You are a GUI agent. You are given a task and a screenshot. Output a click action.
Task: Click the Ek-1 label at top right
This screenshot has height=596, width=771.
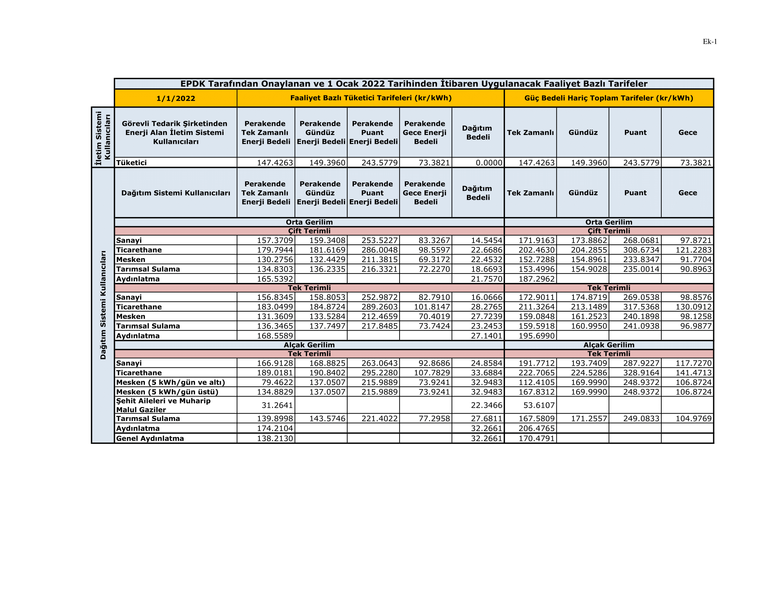(710, 42)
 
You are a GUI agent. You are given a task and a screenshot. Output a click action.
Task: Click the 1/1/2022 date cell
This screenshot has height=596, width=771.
(176, 99)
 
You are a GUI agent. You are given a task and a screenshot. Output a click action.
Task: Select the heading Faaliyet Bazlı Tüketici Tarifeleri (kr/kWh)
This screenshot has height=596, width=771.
(371, 98)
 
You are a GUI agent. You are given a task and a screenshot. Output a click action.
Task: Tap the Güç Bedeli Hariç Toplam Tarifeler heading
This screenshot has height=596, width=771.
(609, 98)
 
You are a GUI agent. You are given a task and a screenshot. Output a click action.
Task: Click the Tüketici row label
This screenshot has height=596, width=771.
(131, 163)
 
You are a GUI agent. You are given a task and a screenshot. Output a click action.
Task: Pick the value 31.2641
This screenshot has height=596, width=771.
(277, 405)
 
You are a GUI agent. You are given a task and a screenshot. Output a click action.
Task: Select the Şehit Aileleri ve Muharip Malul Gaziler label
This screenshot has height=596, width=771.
(163, 405)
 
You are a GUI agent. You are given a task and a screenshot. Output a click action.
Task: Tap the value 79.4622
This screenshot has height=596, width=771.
(277, 382)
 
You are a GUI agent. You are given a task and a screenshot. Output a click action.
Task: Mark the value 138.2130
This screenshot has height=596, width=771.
(275, 438)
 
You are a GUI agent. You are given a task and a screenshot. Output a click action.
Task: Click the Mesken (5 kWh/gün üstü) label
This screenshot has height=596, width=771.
(167, 392)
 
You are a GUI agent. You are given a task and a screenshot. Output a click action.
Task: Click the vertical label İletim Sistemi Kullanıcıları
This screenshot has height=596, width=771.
(103, 138)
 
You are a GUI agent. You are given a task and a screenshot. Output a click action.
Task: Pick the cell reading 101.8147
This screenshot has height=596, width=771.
(432, 307)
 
